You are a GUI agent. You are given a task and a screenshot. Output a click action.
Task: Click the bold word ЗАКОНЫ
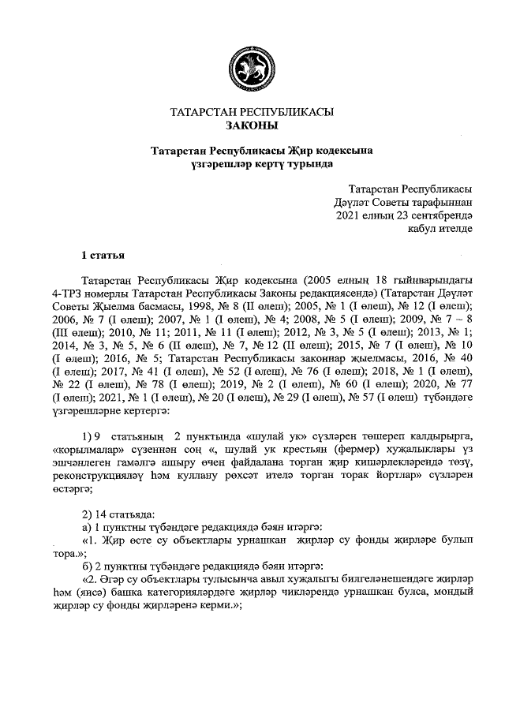point(252,125)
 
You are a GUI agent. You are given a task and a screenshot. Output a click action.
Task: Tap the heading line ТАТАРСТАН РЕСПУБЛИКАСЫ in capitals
point(252,113)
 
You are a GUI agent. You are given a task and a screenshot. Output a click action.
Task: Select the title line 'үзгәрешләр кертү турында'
point(252,163)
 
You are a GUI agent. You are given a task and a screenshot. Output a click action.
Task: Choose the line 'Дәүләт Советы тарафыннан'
point(403,203)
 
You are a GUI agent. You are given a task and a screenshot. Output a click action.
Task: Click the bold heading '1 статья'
point(103,254)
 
